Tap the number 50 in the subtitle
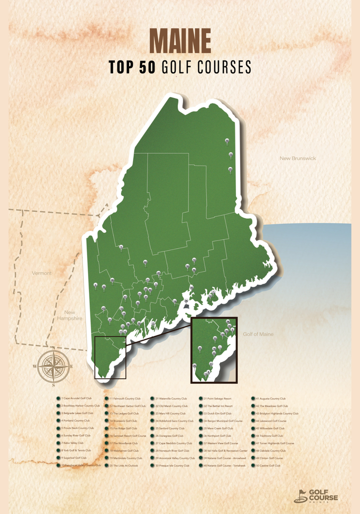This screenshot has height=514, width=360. [148, 67]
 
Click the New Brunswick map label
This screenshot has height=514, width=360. [298, 158]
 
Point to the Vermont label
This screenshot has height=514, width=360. [41, 273]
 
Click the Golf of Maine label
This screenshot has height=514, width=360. [258, 334]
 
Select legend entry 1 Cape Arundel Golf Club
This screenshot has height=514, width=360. [76, 399]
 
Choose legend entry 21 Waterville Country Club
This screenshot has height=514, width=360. [171, 399]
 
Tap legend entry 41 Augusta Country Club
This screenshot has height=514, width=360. [270, 399]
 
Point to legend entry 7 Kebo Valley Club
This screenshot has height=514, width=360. [74, 443]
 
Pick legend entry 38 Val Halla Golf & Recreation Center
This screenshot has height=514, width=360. [225, 451]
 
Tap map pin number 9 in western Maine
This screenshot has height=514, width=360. [121, 247]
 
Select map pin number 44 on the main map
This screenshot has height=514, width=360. [145, 262]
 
